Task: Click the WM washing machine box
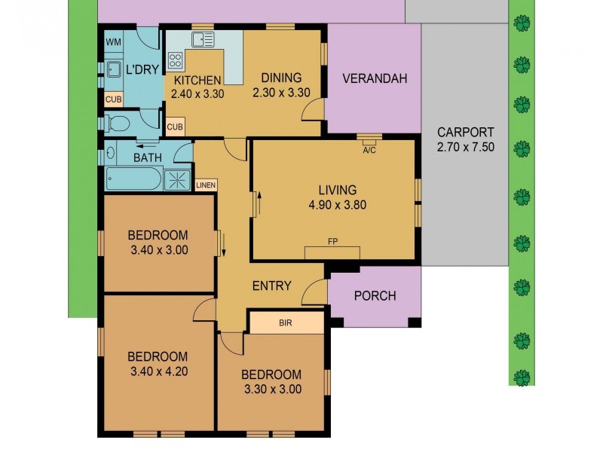(113, 41)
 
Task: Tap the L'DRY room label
(141, 69)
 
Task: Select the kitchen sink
(202, 40)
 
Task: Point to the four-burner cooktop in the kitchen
(176, 61)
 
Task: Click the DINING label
(281, 78)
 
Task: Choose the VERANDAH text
(374, 78)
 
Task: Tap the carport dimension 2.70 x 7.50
(465, 147)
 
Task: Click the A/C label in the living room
(369, 149)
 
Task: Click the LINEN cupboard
(204, 185)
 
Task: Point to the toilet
(118, 123)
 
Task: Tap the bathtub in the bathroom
(133, 179)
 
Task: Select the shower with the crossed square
(179, 179)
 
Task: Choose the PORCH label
(375, 295)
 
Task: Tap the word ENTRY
(271, 286)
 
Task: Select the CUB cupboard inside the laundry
(113, 99)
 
